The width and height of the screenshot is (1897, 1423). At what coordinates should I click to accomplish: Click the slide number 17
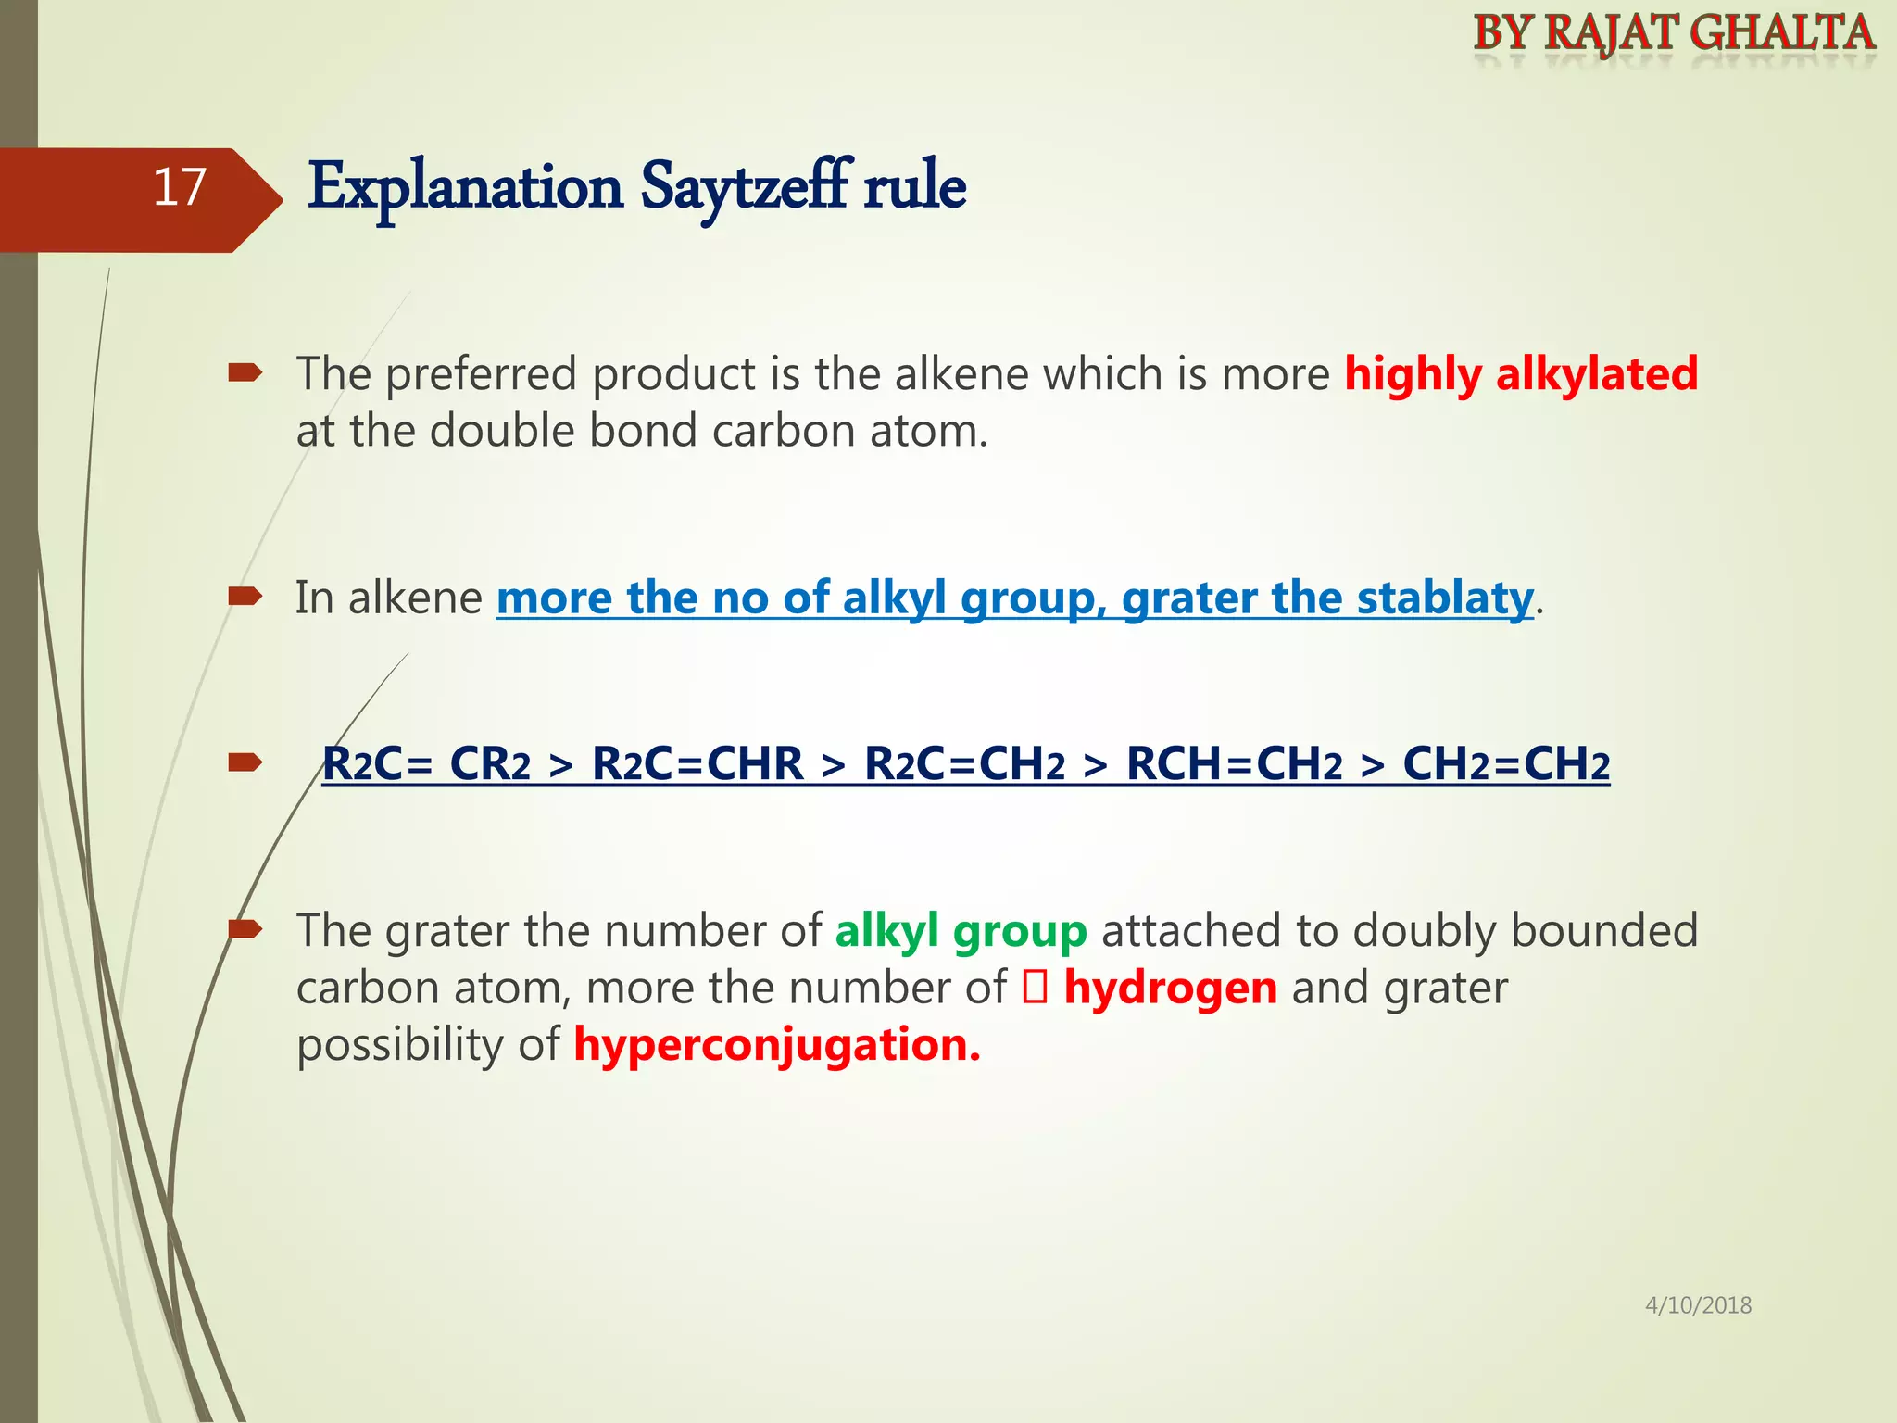(x=179, y=188)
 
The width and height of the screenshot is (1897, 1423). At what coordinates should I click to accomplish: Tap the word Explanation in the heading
(x=465, y=188)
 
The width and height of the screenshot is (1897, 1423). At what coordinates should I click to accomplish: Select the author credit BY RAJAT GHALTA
(x=1674, y=33)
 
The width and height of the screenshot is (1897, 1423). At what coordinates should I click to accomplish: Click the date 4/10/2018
(x=1698, y=1305)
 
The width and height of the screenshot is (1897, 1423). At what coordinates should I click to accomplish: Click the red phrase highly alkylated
(x=1521, y=374)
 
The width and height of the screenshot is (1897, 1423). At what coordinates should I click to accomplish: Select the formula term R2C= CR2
(x=426, y=765)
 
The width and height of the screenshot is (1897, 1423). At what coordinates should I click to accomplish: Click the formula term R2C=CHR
(x=697, y=765)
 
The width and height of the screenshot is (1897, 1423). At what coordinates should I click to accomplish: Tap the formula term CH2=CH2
(x=1506, y=765)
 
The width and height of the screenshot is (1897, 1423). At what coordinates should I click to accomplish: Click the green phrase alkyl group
(x=961, y=931)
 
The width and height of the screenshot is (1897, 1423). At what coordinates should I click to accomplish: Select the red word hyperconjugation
(x=776, y=1045)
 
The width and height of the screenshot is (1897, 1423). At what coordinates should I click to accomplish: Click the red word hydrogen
(x=1170, y=988)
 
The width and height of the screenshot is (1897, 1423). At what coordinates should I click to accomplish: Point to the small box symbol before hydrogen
(x=1035, y=988)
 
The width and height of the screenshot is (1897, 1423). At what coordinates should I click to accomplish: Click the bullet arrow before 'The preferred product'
(x=245, y=373)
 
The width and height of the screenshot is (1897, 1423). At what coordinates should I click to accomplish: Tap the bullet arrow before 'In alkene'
(x=245, y=596)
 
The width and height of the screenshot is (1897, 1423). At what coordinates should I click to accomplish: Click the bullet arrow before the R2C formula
(x=245, y=762)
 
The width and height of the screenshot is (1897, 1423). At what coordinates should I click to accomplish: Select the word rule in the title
(x=914, y=188)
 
